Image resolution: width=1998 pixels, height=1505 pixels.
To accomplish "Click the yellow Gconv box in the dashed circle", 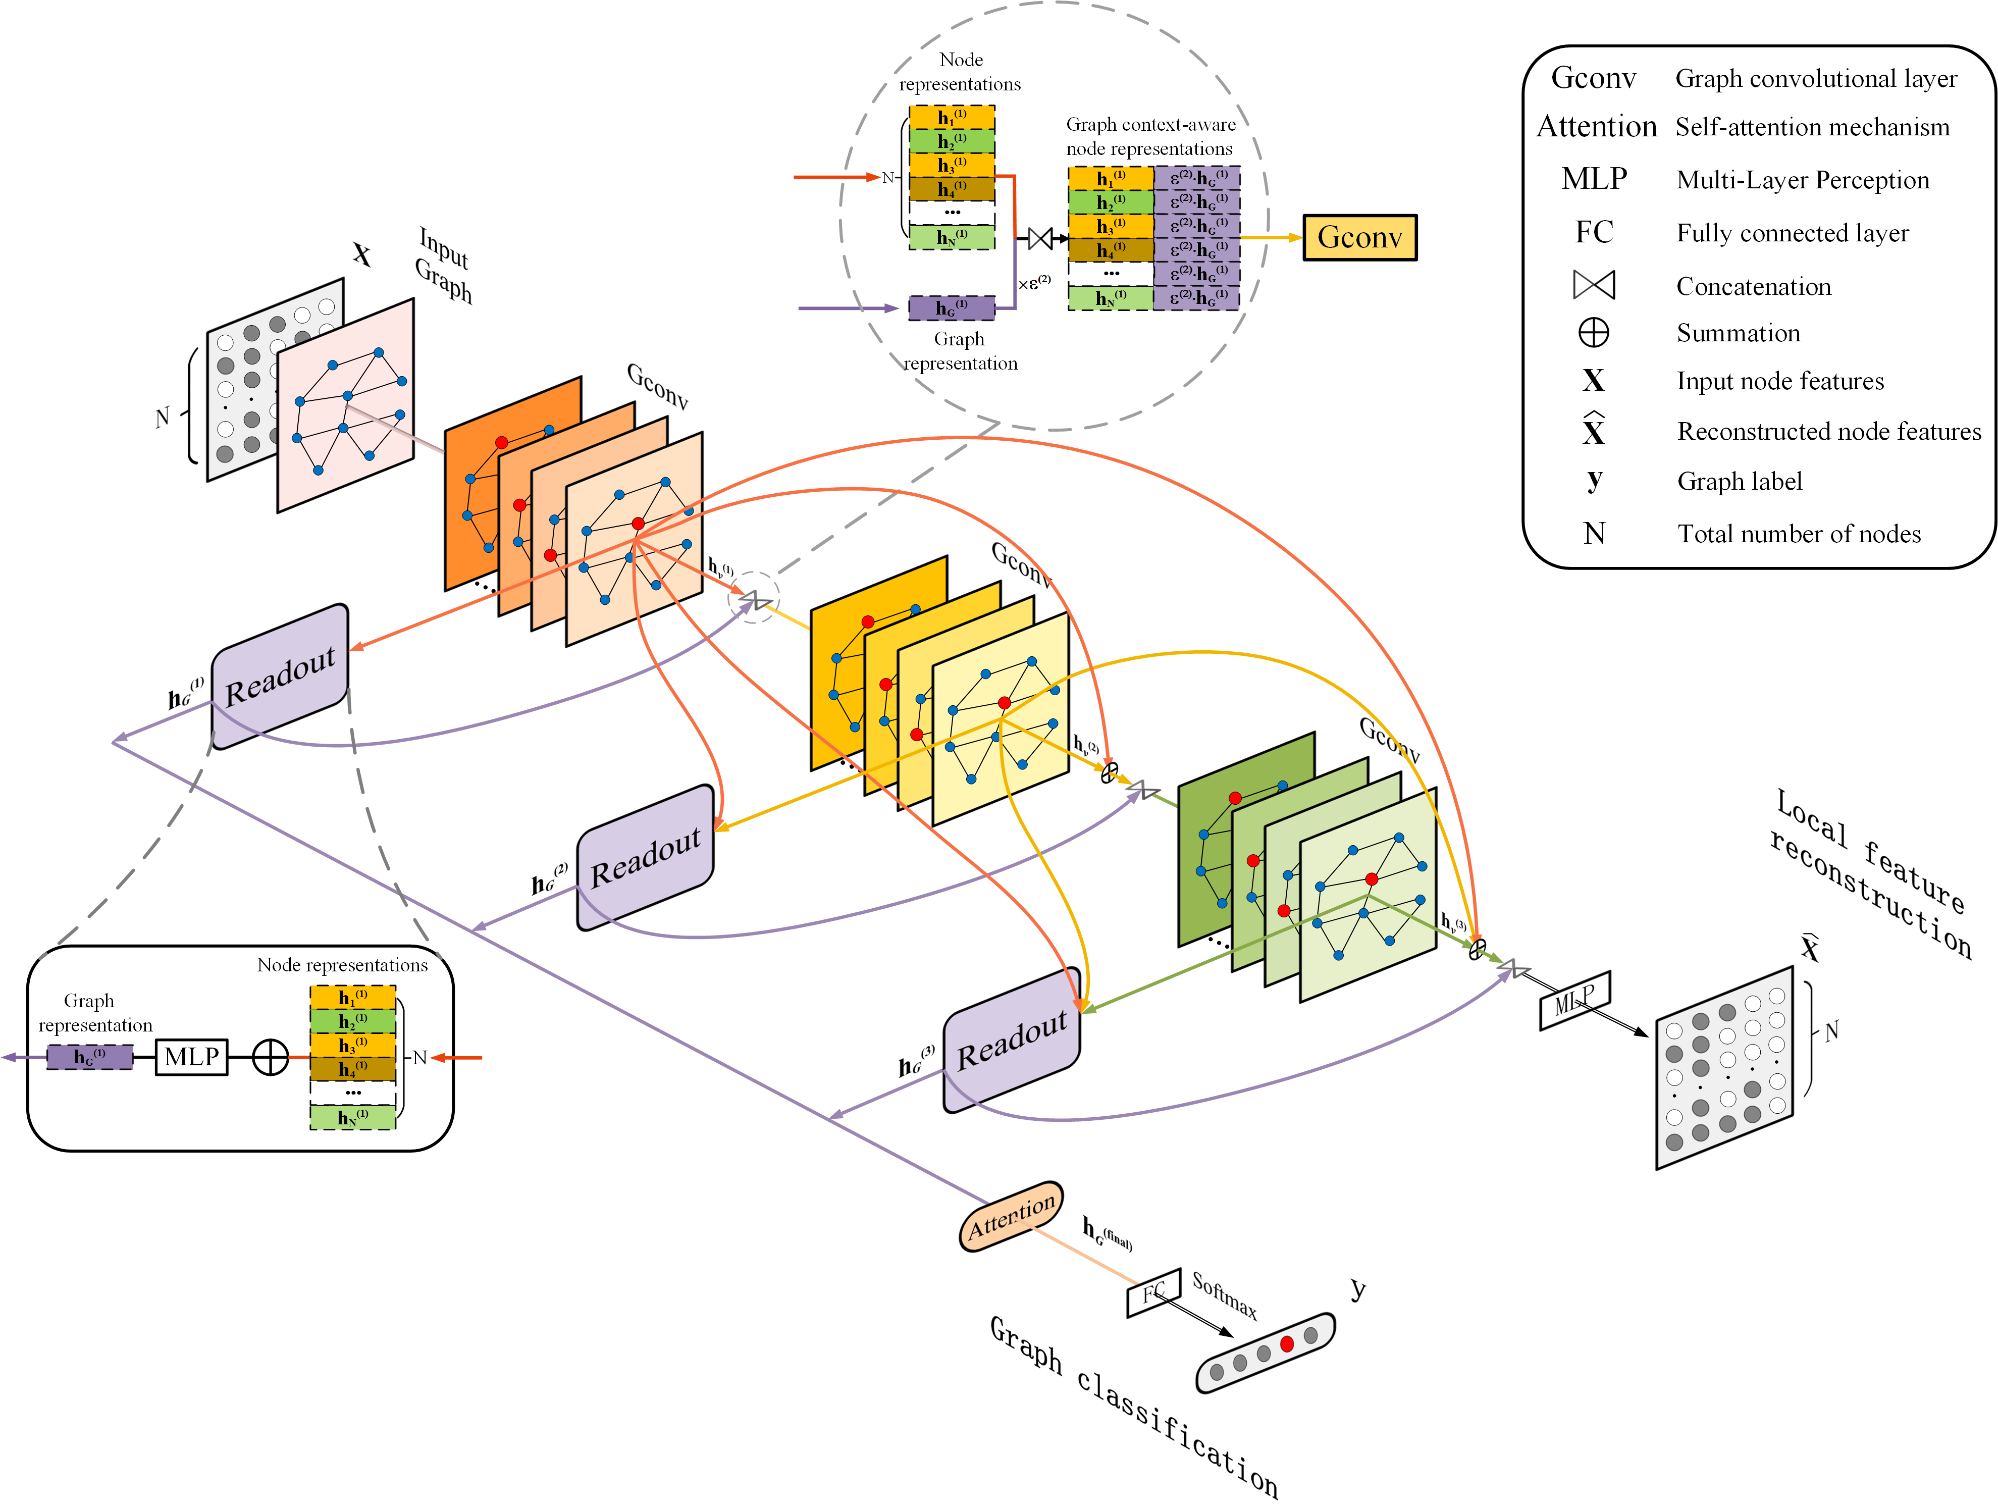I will [x=1359, y=238].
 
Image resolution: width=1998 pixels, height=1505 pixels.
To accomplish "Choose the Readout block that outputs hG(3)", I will [x=1012, y=1041].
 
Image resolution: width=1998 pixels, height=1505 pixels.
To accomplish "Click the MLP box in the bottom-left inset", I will [x=191, y=1056].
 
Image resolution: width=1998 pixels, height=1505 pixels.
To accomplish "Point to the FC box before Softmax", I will [x=1153, y=1293].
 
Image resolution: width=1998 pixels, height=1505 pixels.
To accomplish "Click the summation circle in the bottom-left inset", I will [x=270, y=1057].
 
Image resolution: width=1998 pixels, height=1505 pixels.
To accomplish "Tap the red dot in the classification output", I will [x=1287, y=1344].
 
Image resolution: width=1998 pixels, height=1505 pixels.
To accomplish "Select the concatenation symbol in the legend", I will [x=1593, y=285].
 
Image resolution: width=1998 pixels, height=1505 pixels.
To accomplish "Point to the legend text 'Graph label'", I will [x=1739, y=482].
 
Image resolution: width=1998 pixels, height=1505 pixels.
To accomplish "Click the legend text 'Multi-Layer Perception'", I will [x=1802, y=180].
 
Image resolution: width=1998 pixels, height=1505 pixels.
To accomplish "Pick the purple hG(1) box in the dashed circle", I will [x=951, y=308].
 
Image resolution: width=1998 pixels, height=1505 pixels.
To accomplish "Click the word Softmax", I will [x=1224, y=1294].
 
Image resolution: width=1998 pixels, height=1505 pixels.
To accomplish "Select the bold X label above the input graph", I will [x=361, y=255].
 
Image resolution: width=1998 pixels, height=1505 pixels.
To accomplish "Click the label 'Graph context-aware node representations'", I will [x=1150, y=136].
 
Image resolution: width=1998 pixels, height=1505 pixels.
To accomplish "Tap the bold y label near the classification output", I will [x=1357, y=1288].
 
